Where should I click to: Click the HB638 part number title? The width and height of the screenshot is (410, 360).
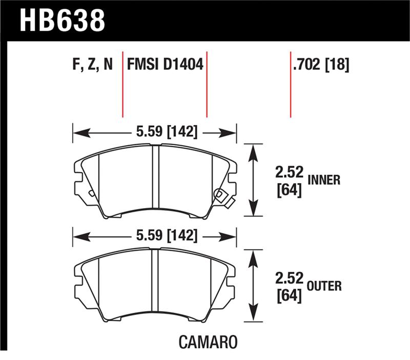pos(62,20)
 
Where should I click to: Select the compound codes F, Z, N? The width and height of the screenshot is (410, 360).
pos(93,64)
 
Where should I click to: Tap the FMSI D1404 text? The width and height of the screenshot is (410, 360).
pos(165,64)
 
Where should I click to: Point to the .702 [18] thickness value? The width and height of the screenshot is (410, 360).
pos(321,65)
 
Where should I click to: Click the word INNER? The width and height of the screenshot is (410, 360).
pos(324,180)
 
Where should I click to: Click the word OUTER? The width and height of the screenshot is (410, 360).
pos(324,286)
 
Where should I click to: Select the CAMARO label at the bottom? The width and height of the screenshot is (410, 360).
pos(208,342)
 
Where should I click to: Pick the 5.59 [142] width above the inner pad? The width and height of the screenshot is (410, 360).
pos(167,132)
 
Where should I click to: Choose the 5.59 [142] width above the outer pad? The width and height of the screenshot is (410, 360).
pos(167,235)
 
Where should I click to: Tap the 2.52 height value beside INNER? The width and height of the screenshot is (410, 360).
pos(289,172)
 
